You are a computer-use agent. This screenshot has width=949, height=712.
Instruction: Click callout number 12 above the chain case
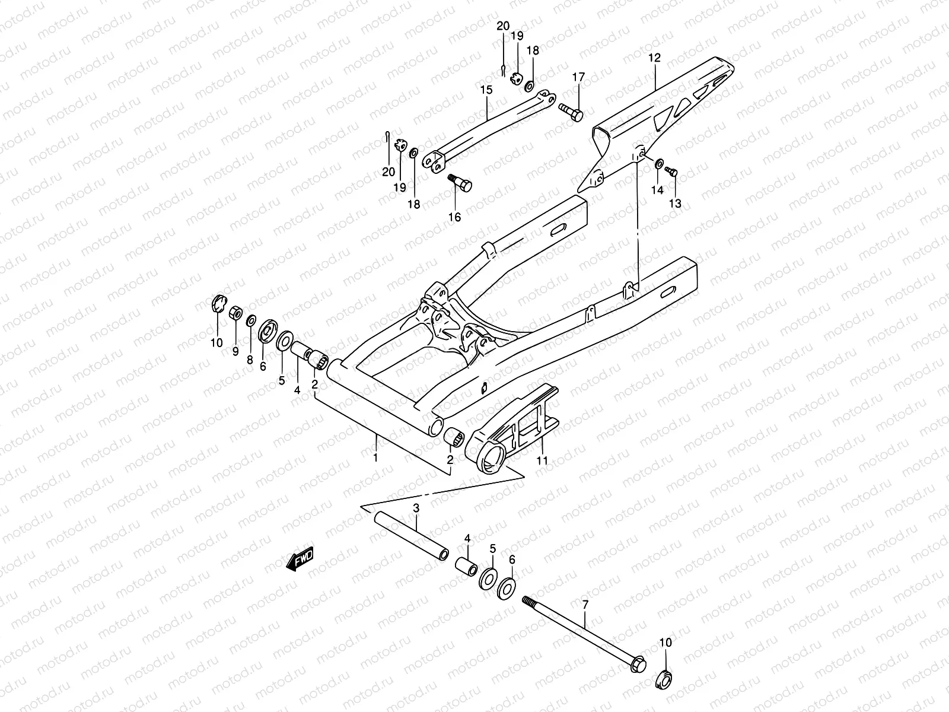(x=654, y=58)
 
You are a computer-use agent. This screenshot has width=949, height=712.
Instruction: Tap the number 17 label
(x=578, y=78)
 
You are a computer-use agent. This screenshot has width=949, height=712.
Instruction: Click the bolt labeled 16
(x=461, y=182)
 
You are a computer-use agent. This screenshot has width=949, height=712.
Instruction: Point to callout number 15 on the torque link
(x=486, y=90)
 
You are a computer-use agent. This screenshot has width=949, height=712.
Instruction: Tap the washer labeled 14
(x=659, y=163)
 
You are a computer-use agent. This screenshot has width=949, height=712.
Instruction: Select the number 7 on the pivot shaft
(x=585, y=605)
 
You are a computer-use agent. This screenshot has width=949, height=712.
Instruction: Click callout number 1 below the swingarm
(x=375, y=457)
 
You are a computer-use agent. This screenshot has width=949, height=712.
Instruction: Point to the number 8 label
(x=250, y=360)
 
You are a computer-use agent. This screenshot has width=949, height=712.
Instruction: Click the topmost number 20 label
(x=503, y=26)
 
